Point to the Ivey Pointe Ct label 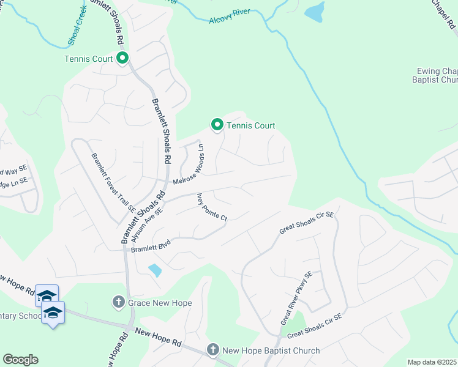click(x=211, y=208)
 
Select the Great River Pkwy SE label click(x=296, y=299)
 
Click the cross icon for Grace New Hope click(x=119, y=302)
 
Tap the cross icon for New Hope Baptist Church click(x=212, y=350)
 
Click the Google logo click(x=20, y=360)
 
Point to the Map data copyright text click(x=432, y=362)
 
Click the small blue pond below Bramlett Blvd click(x=155, y=269)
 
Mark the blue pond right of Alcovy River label click(x=314, y=12)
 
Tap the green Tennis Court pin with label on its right click(x=217, y=125)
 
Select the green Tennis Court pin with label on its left click(x=122, y=59)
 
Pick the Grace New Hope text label click(x=160, y=303)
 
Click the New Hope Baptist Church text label click(x=271, y=350)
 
